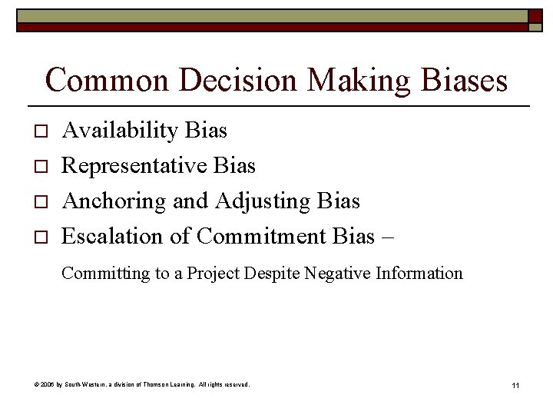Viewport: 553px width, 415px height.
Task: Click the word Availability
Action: coord(121,131)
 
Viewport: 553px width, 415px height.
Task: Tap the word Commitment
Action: coord(262,237)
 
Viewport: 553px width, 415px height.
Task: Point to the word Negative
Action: coord(339,273)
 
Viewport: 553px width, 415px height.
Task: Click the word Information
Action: coord(419,273)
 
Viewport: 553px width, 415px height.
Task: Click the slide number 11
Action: coord(515,384)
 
